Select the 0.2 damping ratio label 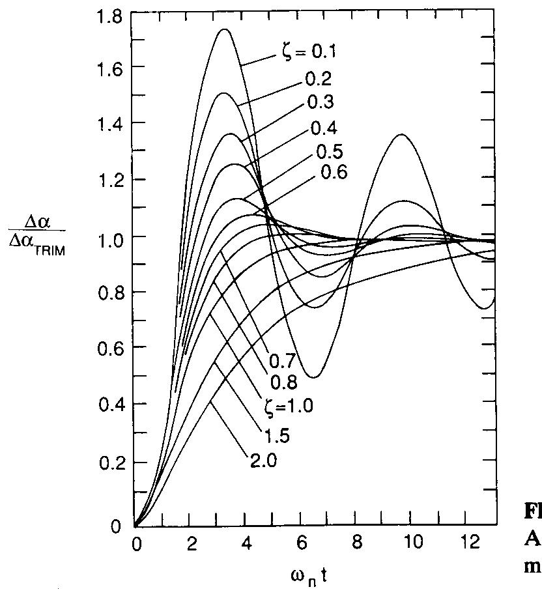click(x=317, y=79)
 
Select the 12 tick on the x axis click(x=467, y=543)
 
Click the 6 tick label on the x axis click(x=301, y=543)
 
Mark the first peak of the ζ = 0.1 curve click(x=225, y=29)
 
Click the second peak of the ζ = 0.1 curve click(x=401, y=135)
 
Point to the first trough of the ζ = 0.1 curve click(x=314, y=377)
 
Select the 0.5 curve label click(x=329, y=150)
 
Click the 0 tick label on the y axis click(x=115, y=526)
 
